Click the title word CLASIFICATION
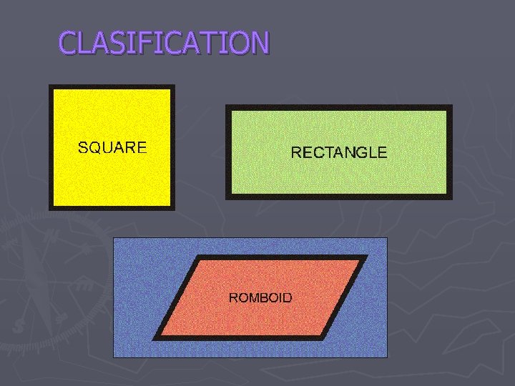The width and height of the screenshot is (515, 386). [x=164, y=43]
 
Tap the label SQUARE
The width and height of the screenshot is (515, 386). [x=112, y=148]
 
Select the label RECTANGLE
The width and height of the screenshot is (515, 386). [x=338, y=152]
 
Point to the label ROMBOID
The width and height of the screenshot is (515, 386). [x=260, y=297]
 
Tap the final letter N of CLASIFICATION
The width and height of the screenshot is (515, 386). [x=259, y=44]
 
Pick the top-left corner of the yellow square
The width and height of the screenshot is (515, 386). [x=50, y=86]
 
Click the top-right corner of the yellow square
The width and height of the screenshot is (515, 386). [x=173, y=86]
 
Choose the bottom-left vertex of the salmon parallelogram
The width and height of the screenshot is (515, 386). [x=154, y=337]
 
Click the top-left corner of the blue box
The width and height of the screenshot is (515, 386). [x=114, y=238]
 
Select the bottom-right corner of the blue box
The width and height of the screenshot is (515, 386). [x=387, y=357]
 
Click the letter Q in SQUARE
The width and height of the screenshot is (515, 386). [x=93, y=149]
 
